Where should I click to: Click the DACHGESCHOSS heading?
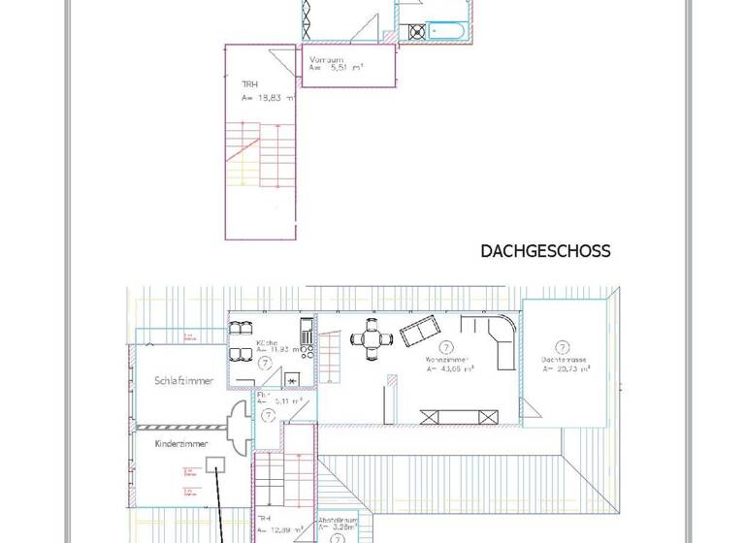click(545, 251)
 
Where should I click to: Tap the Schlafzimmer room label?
click(183, 380)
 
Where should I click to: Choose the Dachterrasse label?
click(562, 359)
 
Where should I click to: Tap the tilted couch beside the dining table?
click(420, 332)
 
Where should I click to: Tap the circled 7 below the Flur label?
click(269, 414)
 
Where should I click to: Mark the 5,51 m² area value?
click(342, 69)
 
